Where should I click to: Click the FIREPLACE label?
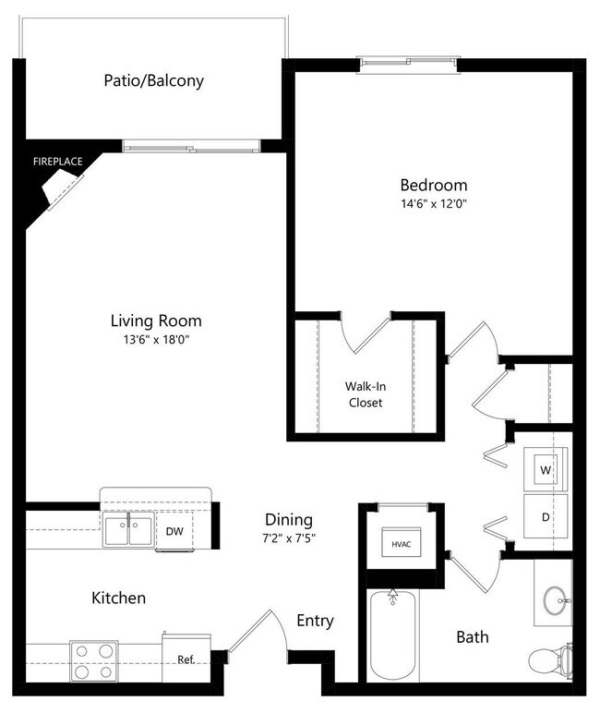click(x=58, y=162)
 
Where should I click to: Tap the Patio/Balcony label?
click(x=153, y=81)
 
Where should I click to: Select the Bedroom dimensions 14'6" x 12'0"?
click(x=433, y=204)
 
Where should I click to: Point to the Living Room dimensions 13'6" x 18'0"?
click(x=156, y=340)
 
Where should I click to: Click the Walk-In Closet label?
click(x=365, y=394)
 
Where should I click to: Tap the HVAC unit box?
click(x=401, y=542)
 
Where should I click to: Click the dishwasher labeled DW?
click(x=174, y=531)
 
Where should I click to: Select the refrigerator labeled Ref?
click(x=186, y=659)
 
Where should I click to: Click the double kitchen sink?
click(x=128, y=531)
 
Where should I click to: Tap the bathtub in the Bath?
click(x=393, y=637)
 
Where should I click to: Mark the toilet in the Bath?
click(x=548, y=659)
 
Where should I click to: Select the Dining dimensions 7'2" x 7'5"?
click(x=289, y=538)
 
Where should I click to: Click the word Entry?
click(x=315, y=621)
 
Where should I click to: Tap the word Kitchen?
click(x=118, y=598)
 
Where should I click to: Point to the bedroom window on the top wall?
click(x=407, y=63)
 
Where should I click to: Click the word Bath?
click(x=473, y=637)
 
